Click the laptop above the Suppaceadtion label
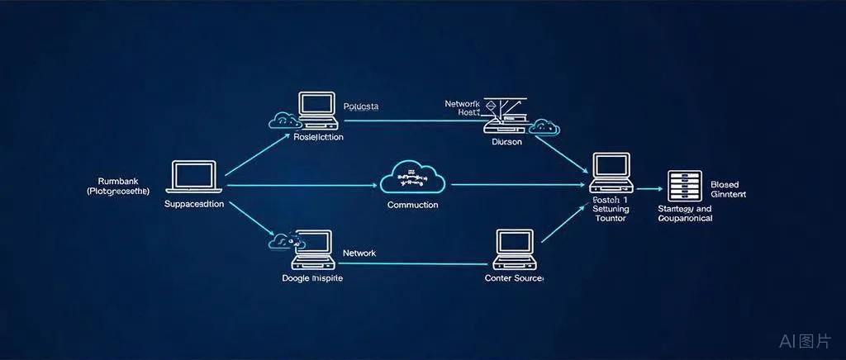196,177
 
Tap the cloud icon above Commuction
412,177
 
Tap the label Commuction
413,204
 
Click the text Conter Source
514,278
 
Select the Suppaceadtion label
194,203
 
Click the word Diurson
506,141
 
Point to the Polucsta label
360,107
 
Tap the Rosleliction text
318,137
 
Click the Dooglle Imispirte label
312,278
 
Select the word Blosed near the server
725,184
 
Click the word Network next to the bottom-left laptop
359,253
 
